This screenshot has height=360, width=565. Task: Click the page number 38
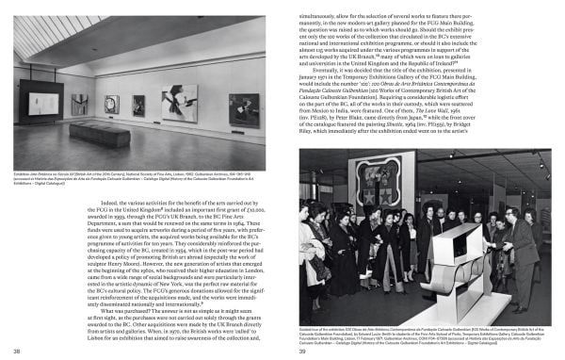tap(18, 352)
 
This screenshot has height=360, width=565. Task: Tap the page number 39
tap(304, 352)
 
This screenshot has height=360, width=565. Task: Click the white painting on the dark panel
tap(40, 103)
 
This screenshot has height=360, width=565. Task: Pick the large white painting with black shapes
tap(179, 104)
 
